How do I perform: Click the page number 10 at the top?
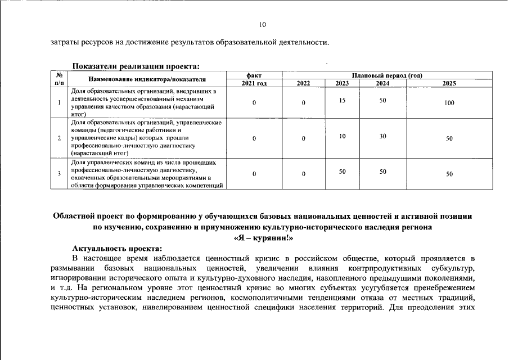pos(262,25)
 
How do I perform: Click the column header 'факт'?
pos(254,75)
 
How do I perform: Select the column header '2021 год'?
pos(254,83)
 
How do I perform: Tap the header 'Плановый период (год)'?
pos(387,75)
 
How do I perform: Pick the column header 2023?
pos(342,83)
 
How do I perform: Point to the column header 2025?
pos(449,83)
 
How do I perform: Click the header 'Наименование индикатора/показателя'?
pos(147,79)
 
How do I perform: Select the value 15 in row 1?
pos(342,100)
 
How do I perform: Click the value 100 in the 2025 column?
pos(449,103)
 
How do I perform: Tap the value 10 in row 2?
pos(342,136)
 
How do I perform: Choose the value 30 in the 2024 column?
pos(382,136)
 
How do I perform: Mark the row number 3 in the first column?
pos(60,174)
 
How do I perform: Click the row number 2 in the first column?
pos(60,138)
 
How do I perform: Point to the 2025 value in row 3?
pos(449,174)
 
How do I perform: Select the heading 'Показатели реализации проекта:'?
pos(136,67)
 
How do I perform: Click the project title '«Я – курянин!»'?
pos(262,238)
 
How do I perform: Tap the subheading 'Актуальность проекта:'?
pos(117,248)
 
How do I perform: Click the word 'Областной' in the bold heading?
pos(73,216)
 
